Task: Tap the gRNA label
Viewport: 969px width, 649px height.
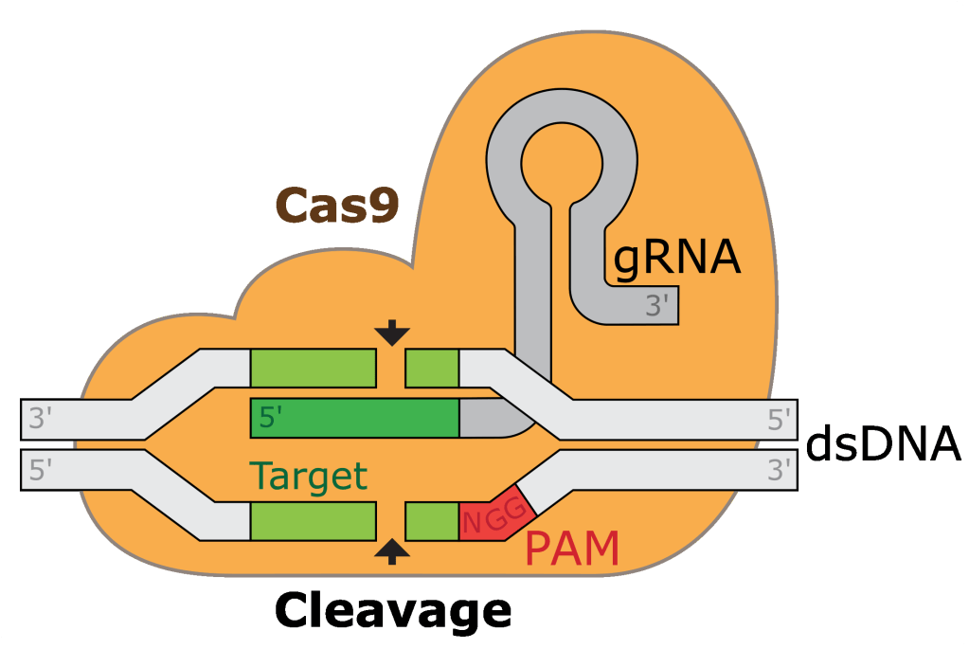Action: (676, 257)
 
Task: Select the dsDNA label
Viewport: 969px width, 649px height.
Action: (884, 445)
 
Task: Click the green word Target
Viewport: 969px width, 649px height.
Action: (308, 476)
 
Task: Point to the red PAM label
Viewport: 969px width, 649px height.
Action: (571, 550)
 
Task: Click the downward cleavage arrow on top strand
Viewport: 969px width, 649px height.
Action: (392, 334)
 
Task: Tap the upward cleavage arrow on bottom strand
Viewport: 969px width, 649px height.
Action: (392, 551)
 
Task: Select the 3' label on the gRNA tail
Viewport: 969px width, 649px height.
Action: (657, 305)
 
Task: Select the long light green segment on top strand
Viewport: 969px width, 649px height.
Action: (313, 368)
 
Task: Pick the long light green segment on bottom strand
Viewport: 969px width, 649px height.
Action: (313, 521)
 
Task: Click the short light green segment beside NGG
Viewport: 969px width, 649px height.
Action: (432, 521)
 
